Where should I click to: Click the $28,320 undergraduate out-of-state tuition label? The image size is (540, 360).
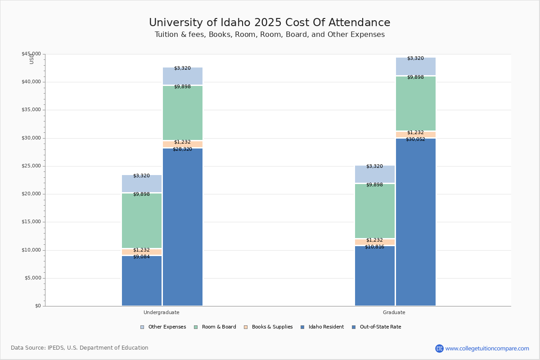tap(182, 149)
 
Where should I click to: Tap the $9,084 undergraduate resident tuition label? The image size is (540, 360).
tap(141, 256)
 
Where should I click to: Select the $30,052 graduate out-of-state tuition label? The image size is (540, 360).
tap(415, 139)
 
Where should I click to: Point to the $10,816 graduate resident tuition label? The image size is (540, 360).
tap(374, 247)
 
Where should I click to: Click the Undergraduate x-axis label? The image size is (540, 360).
tap(161, 312)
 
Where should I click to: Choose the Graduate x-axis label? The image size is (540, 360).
tap(394, 312)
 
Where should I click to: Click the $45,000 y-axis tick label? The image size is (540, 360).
tap(31, 54)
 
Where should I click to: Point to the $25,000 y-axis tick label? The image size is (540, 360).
tap(31, 166)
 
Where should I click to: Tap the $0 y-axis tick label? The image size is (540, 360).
tap(37, 306)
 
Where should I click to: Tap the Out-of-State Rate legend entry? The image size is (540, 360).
tap(380, 327)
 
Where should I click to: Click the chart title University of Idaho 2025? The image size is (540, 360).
tap(270, 23)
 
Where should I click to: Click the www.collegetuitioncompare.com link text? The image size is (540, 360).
tap(487, 348)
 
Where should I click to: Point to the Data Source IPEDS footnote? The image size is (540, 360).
tap(80, 348)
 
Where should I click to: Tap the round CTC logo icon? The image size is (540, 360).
tap(439, 348)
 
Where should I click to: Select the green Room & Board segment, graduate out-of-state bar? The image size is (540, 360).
tap(416, 103)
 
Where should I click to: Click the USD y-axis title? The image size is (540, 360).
tap(31, 59)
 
